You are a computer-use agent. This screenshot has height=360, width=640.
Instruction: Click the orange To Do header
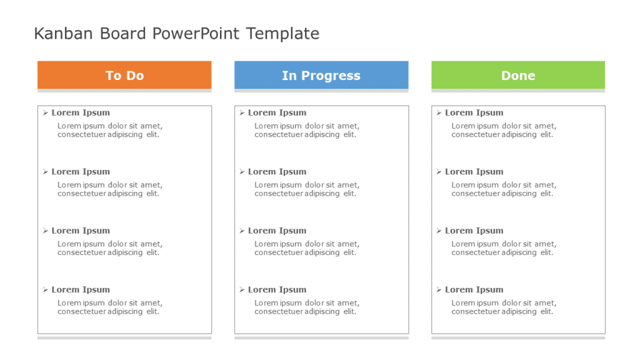[x=124, y=75]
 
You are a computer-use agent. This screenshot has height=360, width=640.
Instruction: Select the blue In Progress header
[x=321, y=75]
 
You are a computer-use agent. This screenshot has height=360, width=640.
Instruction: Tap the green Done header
[x=518, y=75]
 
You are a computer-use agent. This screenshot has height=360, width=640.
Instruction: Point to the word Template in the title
[x=282, y=34]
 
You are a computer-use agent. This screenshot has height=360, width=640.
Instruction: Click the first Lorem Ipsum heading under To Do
[x=81, y=113]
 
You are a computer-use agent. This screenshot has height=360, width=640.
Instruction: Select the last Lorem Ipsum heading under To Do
[x=81, y=290]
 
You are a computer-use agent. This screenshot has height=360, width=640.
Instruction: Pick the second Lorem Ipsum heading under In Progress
[x=277, y=172]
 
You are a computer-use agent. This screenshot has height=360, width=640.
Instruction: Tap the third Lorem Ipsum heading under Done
[x=474, y=231]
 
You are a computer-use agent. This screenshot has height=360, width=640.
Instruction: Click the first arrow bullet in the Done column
[x=439, y=113]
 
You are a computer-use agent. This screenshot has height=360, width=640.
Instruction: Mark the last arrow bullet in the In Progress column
[x=242, y=290]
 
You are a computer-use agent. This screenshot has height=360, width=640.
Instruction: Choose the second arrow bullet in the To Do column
[x=45, y=172]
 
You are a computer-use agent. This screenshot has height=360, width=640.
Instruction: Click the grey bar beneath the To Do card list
[x=124, y=337]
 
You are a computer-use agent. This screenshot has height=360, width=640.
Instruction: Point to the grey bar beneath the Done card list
[x=518, y=337]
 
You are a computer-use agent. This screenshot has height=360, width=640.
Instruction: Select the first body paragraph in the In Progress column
[x=306, y=130]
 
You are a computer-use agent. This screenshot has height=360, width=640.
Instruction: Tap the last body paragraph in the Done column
[x=503, y=307]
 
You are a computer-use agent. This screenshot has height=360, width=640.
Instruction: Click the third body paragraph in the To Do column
[x=109, y=248]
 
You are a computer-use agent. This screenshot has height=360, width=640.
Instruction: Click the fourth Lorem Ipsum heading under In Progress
[x=277, y=290]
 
